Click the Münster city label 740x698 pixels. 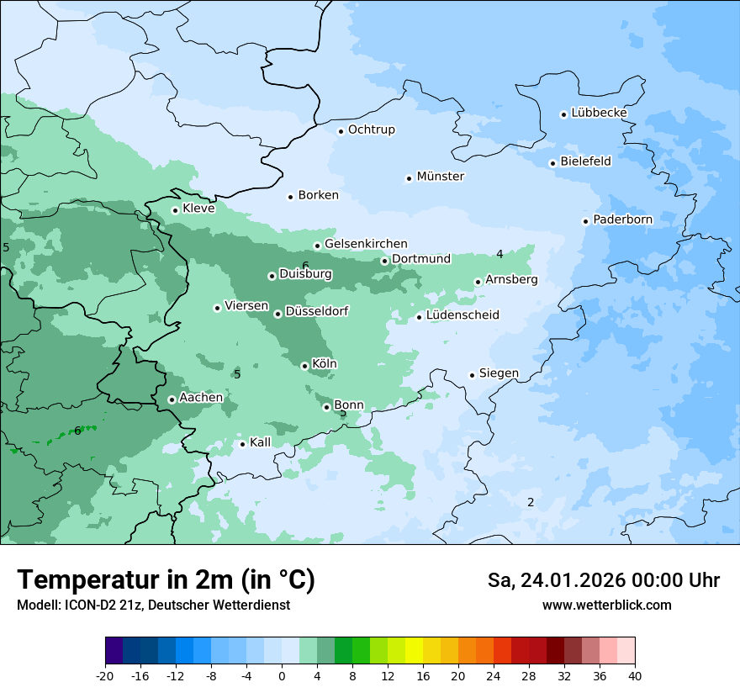(440, 177)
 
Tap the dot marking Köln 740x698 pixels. (304, 366)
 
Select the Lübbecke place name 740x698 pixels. (599, 113)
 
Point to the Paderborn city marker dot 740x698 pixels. (585, 221)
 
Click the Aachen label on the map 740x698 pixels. (201, 398)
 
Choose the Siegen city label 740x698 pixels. (499, 373)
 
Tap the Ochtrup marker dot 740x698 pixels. (341, 130)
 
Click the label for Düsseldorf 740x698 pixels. (316, 311)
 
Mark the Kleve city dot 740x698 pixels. (175, 210)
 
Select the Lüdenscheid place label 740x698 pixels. (462, 315)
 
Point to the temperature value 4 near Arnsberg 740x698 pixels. (499, 254)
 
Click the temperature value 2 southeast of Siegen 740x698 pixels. (531, 502)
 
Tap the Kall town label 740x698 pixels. (260, 442)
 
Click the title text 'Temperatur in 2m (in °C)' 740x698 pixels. (166, 579)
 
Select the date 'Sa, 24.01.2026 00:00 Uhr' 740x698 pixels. (603, 580)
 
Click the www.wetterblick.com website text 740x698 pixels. (606, 605)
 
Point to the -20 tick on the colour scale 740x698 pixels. (105, 676)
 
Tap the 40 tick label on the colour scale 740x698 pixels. (635, 676)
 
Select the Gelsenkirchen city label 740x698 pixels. (366, 244)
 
